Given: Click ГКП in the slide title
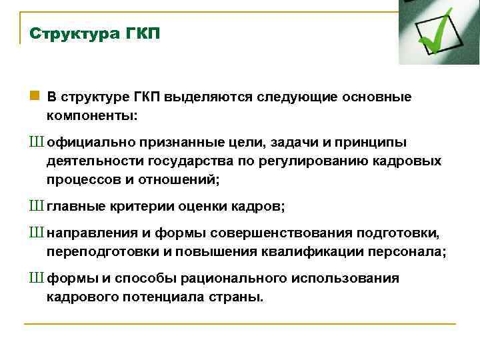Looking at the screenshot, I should point(143,33).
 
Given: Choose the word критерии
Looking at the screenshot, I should point(141,207).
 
